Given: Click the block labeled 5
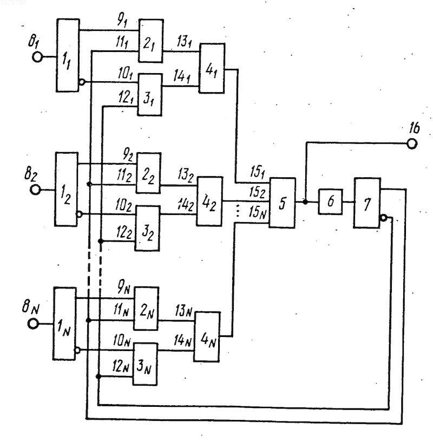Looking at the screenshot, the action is pos(283,203).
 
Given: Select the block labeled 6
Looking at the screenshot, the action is pos(330,202).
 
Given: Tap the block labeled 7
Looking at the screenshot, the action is pos(367,203).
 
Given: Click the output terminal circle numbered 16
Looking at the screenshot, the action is pos(411,144).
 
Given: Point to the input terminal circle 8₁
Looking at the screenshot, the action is pos(37,57).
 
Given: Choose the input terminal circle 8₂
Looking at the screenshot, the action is pos(35,190).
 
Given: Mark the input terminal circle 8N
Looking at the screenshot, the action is pos(33,324).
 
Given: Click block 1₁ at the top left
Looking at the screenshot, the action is pos(68,55).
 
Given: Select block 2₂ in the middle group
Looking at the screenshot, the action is pos(148,173).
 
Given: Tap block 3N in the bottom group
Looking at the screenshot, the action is pos(145,364).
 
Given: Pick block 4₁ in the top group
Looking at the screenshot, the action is pos(212,68).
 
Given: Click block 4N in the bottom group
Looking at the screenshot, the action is pos(207,337).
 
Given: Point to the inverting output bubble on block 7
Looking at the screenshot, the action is pos(384,218).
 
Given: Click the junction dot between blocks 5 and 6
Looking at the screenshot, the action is pos(305,202).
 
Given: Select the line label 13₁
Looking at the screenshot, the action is pos(185,42).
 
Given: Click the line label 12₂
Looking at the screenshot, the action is pos(124,232).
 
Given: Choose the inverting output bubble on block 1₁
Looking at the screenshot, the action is pos(82,82).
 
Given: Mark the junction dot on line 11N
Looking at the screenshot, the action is pos(88,320).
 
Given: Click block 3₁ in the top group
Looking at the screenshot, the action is pos(149,95).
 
